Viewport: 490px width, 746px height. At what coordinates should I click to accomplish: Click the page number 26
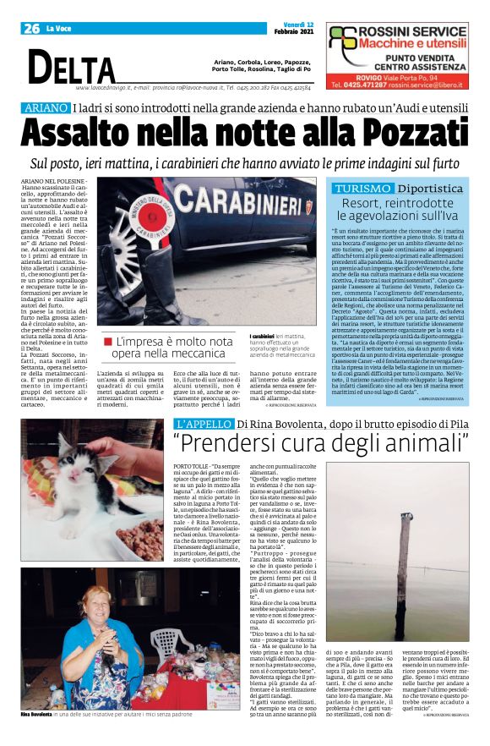(32, 28)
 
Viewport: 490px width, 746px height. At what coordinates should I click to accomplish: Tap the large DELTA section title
(73, 66)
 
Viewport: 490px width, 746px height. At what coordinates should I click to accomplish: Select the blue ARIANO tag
(45, 107)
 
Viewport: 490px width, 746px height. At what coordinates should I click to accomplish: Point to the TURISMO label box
(361, 188)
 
